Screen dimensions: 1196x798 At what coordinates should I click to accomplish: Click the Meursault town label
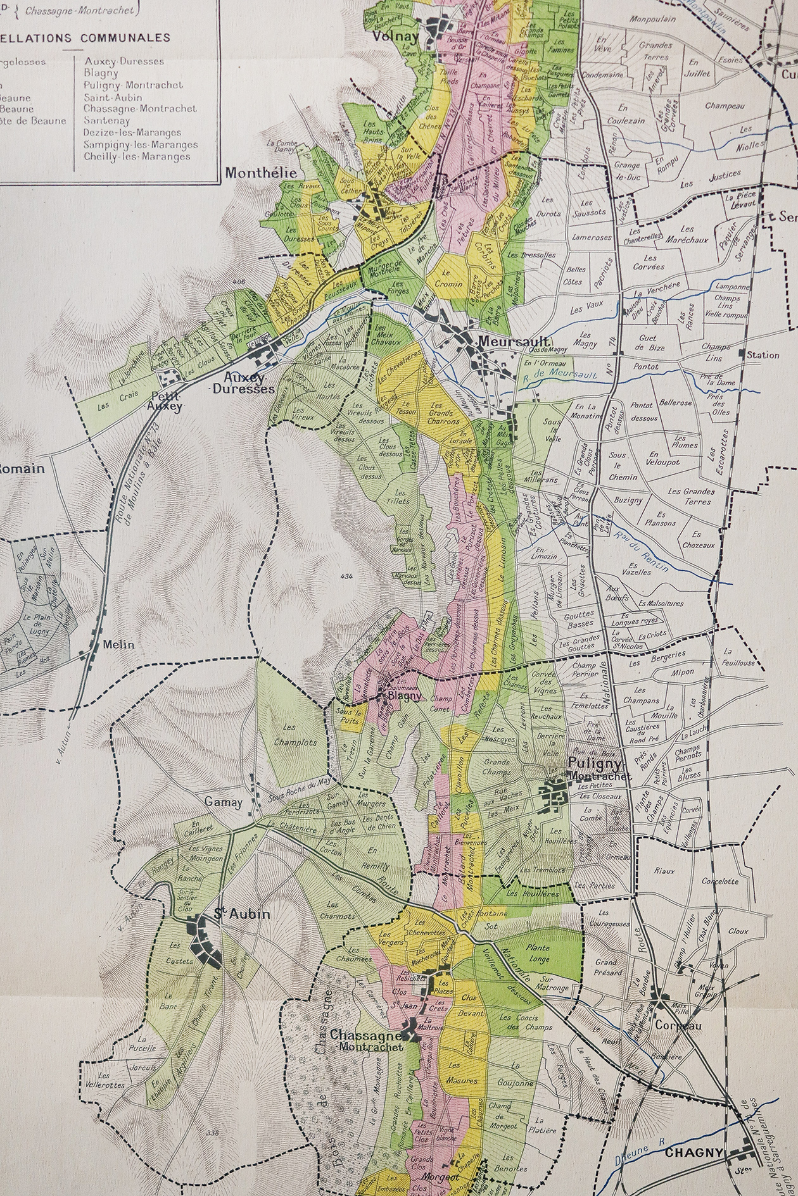pyautogui.click(x=503, y=341)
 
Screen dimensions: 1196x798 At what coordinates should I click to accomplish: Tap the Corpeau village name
pyautogui.click(x=679, y=1026)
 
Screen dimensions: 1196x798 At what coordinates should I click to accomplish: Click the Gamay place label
pyautogui.click(x=223, y=802)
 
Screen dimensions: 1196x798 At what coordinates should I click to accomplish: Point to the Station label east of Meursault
pyautogui.click(x=763, y=355)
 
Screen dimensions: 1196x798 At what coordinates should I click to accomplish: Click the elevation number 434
pyautogui.click(x=346, y=576)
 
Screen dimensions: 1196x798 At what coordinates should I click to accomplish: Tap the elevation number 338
pyautogui.click(x=212, y=1133)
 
